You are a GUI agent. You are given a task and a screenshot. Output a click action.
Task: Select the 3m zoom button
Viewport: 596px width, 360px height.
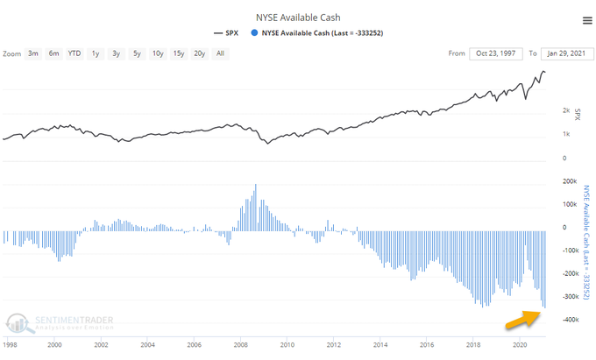(x=32, y=53)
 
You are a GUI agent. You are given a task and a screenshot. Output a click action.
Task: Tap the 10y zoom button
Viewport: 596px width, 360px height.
(x=157, y=53)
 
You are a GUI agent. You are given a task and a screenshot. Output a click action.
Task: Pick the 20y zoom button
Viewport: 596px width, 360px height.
(x=201, y=53)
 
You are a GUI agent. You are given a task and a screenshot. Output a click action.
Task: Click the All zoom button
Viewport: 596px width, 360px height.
(x=221, y=53)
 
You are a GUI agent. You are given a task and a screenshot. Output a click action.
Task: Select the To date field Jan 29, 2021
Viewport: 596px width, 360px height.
(x=570, y=53)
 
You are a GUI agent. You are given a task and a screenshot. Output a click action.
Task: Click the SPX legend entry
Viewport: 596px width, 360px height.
(x=232, y=34)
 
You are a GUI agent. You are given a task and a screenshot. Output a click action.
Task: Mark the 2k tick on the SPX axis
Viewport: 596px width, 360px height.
(x=565, y=111)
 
